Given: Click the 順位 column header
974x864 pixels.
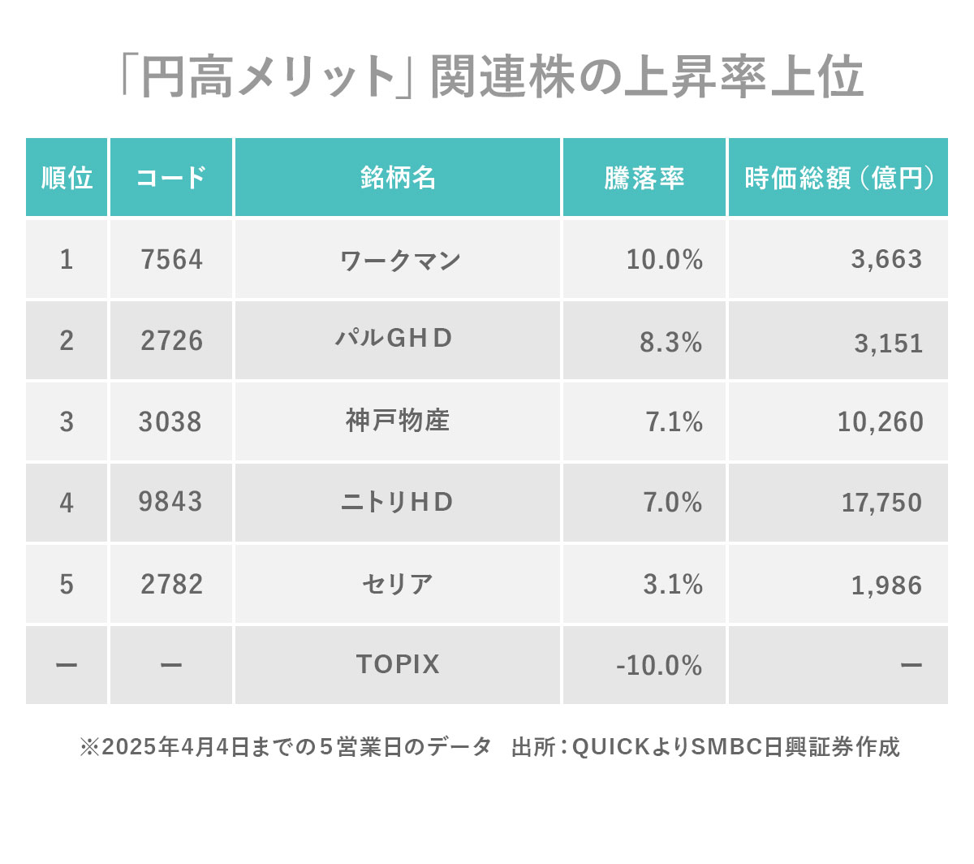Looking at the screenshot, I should point(67,178).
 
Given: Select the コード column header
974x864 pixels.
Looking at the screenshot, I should point(171,178).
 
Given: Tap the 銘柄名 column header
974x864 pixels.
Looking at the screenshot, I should point(398,178).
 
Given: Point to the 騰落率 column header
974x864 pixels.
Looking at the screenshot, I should point(644,178).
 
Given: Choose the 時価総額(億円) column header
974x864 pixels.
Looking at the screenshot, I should point(838,178).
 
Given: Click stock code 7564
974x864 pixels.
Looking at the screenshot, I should point(171,260).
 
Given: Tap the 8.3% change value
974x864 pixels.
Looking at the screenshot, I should point(670,343).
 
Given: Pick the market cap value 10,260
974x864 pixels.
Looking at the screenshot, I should point(880,422).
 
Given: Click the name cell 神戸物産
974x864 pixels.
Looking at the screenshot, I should point(398,421).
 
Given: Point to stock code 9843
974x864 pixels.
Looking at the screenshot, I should point(170,502).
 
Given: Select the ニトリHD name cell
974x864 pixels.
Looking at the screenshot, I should point(397,503).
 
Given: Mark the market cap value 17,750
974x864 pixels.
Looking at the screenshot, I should point(881,503).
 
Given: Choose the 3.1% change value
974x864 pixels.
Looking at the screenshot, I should point(673,585).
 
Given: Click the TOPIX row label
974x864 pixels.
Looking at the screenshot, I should point(398,665).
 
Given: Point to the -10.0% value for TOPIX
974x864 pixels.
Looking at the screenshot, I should point(659,666).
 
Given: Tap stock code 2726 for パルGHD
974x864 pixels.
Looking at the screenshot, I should point(171,341).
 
